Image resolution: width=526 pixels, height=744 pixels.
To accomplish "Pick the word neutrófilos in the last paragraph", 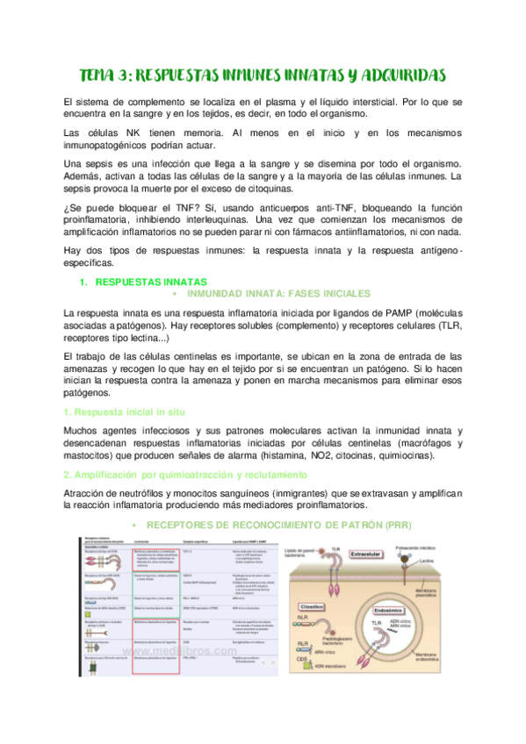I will [x=148, y=494].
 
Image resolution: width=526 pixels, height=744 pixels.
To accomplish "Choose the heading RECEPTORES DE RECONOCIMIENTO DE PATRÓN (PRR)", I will [x=278, y=525].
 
